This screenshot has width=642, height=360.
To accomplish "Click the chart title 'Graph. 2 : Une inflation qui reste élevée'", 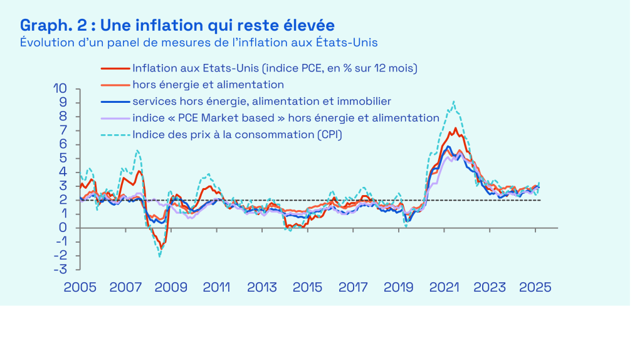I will click(x=177, y=25).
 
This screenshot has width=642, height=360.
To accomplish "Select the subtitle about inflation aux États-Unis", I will click(x=199, y=42).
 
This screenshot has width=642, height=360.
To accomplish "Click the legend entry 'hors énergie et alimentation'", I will click(x=208, y=84).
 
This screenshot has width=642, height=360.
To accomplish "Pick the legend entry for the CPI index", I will click(x=237, y=134).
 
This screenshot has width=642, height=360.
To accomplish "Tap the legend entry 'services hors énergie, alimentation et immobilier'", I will click(x=261, y=101).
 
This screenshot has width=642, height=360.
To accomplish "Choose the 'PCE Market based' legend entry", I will click(x=285, y=117).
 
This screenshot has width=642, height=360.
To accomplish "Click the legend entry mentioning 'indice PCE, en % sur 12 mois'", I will click(x=275, y=68).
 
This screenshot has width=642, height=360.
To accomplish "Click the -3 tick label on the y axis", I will click(x=62, y=270).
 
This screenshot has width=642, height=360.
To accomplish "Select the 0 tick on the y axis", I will click(x=63, y=228).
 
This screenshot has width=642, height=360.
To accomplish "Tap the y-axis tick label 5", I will click(x=63, y=159).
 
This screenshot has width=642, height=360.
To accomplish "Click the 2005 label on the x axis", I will click(x=80, y=288).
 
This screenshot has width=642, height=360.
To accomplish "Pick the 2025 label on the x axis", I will click(x=535, y=288).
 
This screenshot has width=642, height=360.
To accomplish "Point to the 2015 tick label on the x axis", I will click(x=307, y=288).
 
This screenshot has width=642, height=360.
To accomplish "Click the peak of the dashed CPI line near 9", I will click(x=453, y=102).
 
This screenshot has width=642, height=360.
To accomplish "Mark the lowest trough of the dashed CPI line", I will click(x=160, y=257).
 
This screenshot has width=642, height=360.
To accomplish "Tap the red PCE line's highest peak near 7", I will click(x=455, y=129).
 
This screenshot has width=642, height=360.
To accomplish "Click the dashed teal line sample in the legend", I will click(x=115, y=134).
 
